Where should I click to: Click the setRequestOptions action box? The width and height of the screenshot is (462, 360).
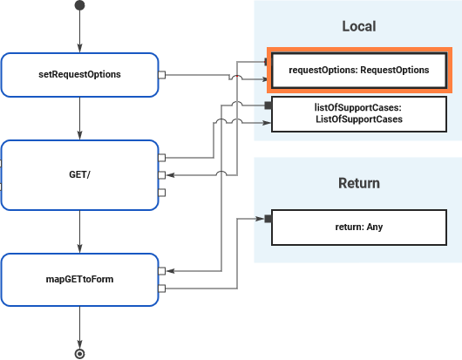point(79,75)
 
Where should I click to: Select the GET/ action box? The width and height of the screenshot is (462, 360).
point(79,174)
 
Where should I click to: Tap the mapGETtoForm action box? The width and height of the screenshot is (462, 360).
point(79,279)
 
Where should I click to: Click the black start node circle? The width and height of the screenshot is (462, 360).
point(80,6)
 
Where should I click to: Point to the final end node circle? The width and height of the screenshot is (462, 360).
point(80,354)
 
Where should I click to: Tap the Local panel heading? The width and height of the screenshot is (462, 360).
point(358,26)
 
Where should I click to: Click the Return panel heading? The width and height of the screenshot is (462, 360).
point(358,183)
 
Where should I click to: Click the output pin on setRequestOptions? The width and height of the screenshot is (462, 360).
point(162,75)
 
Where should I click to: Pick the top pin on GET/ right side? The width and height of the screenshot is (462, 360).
point(162,158)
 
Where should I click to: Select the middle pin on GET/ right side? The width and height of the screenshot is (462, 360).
point(162,175)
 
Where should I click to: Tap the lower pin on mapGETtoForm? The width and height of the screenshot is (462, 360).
point(162,288)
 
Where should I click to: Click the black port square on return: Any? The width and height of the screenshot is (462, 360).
point(268,219)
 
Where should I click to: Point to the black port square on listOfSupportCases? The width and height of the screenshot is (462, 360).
point(268,106)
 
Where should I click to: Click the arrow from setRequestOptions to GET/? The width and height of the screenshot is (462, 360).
point(80,118)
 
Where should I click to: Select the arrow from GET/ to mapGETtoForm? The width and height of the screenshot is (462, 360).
point(80,231)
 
